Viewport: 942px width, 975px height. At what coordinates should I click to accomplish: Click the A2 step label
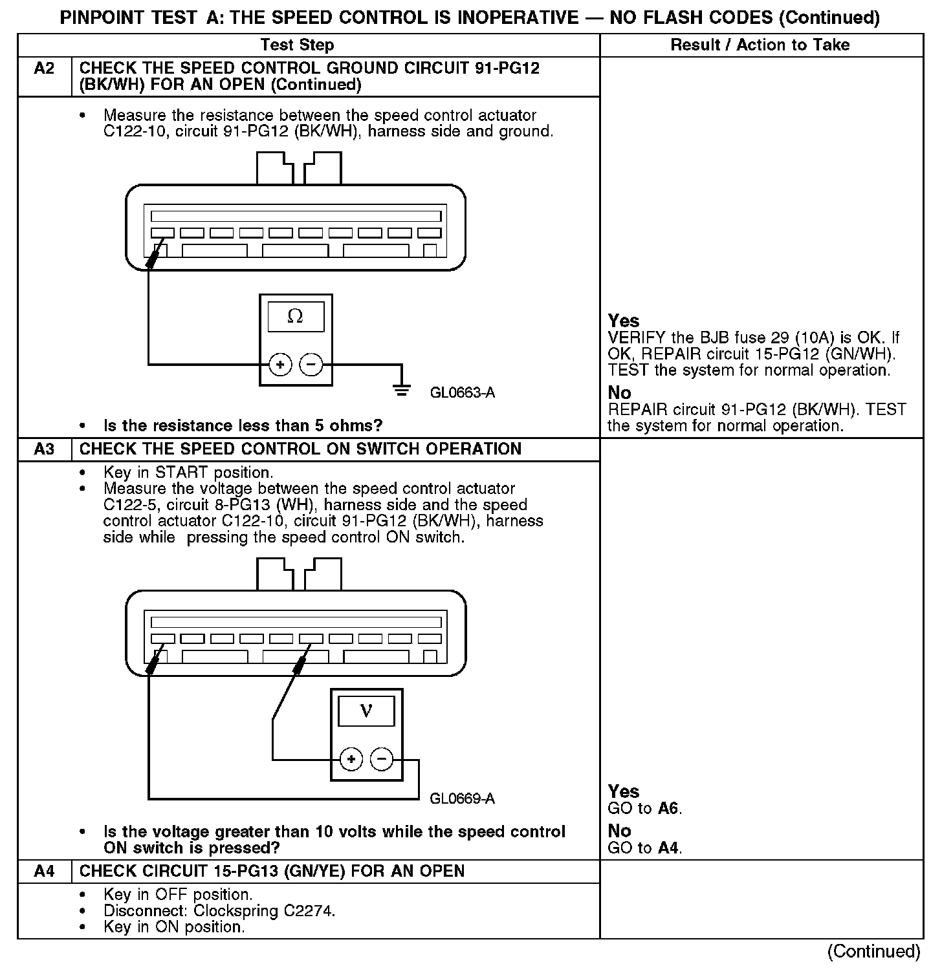click(44, 69)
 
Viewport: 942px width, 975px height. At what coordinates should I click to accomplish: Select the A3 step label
click(44, 449)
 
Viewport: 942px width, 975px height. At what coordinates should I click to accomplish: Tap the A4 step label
click(44, 872)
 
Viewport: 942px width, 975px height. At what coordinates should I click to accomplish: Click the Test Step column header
click(297, 45)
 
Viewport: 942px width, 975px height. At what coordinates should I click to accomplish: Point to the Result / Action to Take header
click(760, 45)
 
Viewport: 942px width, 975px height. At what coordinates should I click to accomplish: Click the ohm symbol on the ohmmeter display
click(295, 316)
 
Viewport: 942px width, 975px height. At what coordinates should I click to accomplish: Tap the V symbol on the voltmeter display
click(366, 711)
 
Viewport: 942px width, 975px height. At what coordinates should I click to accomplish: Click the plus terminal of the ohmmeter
click(280, 365)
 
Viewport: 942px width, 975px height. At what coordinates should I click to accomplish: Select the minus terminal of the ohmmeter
click(311, 365)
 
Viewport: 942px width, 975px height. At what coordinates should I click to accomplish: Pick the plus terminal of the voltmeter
click(351, 759)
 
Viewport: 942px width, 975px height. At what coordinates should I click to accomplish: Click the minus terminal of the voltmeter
click(382, 759)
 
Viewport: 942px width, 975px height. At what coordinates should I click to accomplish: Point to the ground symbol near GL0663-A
click(402, 390)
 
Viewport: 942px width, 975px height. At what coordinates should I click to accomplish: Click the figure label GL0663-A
click(463, 393)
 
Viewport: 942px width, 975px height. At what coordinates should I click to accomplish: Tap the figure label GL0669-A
click(462, 799)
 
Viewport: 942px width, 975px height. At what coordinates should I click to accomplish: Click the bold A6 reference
click(669, 809)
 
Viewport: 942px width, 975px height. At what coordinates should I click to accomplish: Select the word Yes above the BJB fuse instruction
click(624, 321)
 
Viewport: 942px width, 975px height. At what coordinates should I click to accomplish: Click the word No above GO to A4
click(619, 831)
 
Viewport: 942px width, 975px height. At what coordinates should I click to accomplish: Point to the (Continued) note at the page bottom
click(873, 952)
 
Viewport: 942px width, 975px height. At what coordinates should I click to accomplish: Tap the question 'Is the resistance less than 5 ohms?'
click(243, 426)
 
